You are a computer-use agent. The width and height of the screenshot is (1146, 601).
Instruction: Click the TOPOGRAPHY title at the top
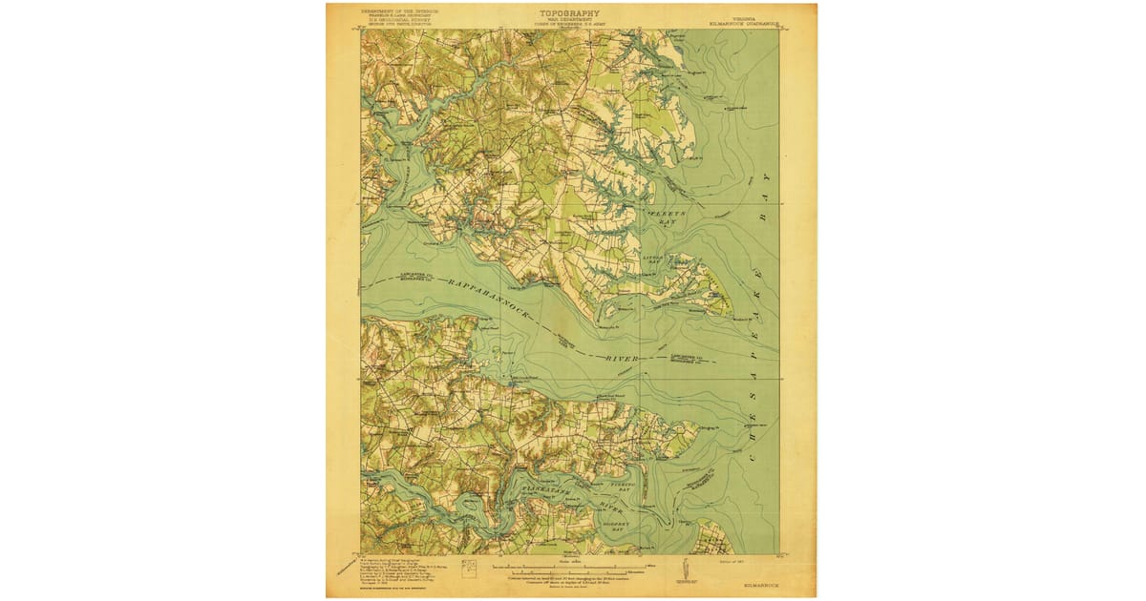pyautogui.click(x=569, y=13)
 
